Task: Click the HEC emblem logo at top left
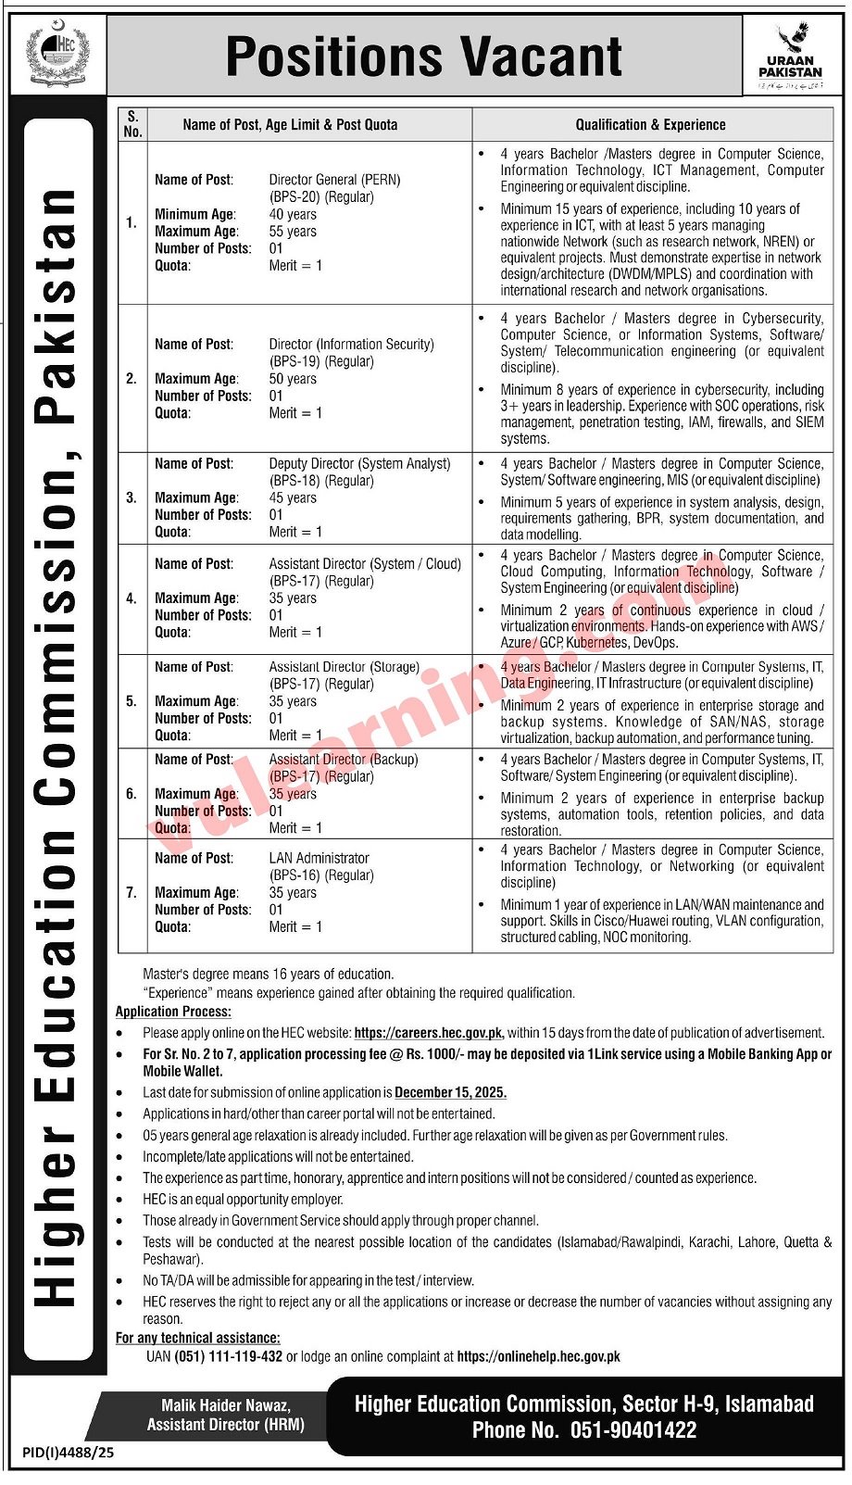coord(56,54)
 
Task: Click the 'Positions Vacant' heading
coord(424,57)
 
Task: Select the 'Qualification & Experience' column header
coord(650,125)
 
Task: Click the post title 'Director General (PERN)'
coord(334,180)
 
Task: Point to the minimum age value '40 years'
coord(293,214)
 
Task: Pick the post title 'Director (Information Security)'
coord(351,344)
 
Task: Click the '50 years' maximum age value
coord(293,378)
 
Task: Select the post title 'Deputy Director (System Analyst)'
coord(359,463)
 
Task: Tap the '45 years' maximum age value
coord(293,497)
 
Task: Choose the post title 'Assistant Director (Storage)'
coord(344,666)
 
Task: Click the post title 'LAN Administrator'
coord(319,858)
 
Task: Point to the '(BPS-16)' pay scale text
coord(295,875)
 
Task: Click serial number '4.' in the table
coord(132,598)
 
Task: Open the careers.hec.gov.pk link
coord(429,1033)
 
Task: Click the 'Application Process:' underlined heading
coord(173,1012)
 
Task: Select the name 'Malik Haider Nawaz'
coord(226,1405)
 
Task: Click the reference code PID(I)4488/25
coord(68,1453)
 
